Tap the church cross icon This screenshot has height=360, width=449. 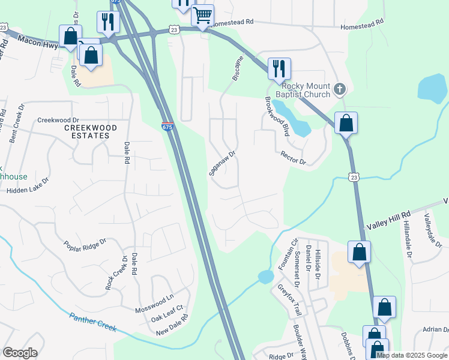click(x=340, y=90)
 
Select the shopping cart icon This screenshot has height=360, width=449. click(x=203, y=15)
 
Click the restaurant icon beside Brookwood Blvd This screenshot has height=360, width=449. click(x=279, y=68)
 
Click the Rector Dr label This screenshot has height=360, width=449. click(x=294, y=158)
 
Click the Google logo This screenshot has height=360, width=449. click(x=20, y=352)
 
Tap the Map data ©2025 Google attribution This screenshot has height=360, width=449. click(x=412, y=355)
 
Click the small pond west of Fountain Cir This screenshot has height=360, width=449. click(x=265, y=277)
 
